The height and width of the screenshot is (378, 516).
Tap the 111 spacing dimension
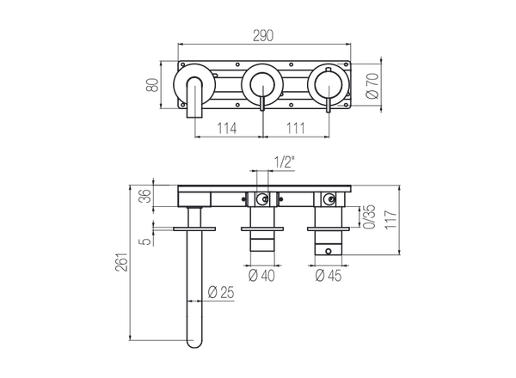point(294,127)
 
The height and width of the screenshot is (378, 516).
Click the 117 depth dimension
point(391,219)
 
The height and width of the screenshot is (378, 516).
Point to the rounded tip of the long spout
point(192,346)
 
